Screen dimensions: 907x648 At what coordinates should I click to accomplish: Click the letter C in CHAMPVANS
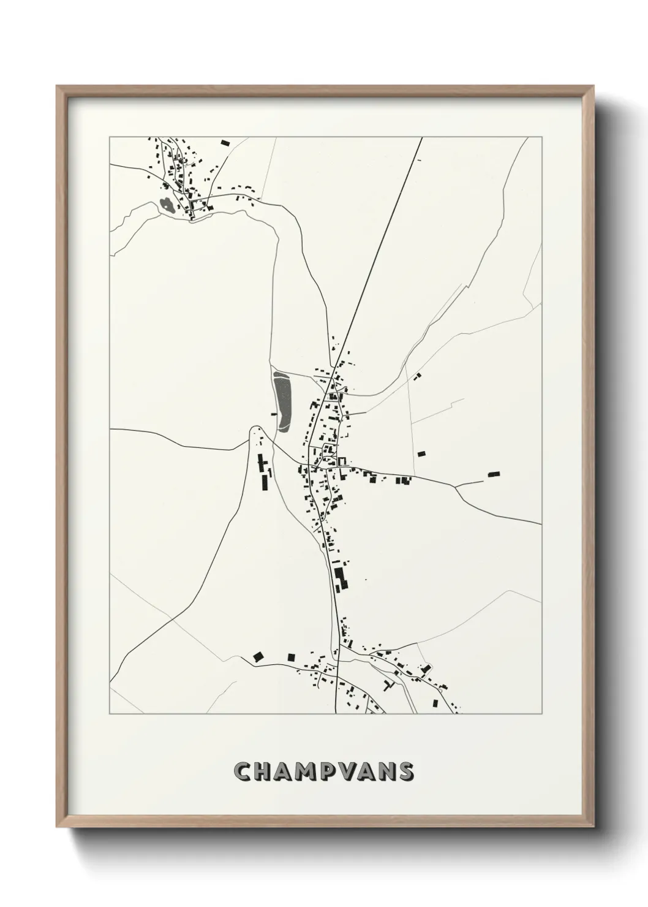pos(243,772)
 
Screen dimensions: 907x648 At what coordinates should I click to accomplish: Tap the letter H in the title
pos(265,772)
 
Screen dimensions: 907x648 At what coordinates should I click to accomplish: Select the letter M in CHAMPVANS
pos(312,772)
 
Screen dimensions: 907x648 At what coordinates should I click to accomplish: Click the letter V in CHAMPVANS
pos(356,772)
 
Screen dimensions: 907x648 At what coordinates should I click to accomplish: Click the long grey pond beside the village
pos(282,400)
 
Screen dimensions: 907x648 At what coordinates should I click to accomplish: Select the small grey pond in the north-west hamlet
pos(165,205)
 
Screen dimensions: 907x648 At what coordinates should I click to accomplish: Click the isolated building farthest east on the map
pos(494,474)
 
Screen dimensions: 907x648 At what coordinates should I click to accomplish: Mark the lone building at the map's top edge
pos(224,143)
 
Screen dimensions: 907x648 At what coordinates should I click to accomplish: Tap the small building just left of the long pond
pos(274,414)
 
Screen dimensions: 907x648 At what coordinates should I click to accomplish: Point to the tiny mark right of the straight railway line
pos(419,160)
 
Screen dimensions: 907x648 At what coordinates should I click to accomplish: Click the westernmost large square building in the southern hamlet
pos(258,656)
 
